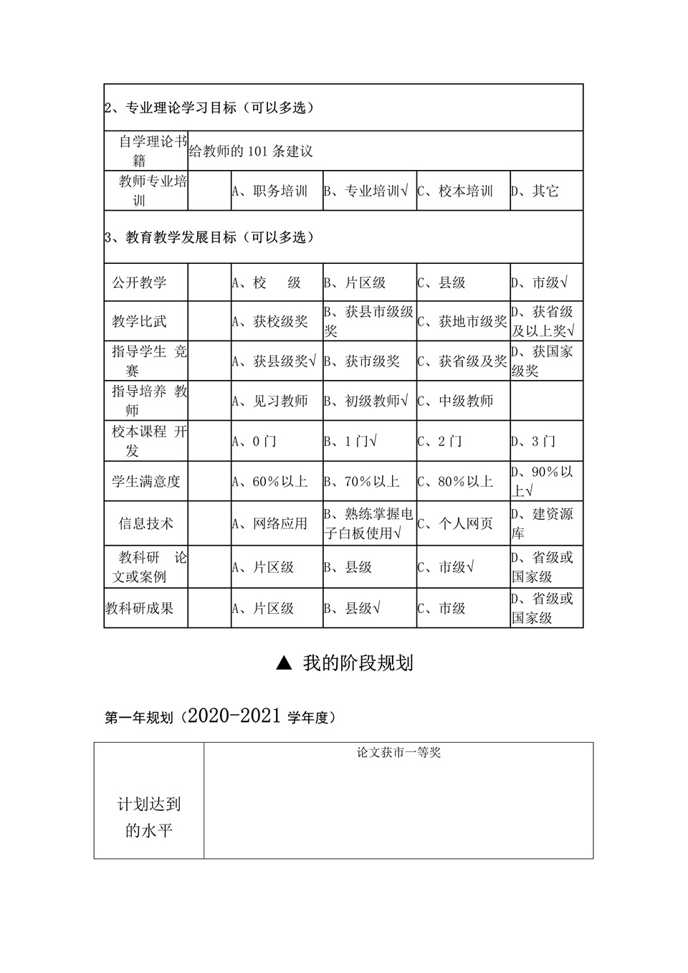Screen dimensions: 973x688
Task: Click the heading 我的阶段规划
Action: pyautogui.click(x=358, y=663)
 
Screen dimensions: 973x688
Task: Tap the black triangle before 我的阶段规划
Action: pyautogui.click(x=284, y=663)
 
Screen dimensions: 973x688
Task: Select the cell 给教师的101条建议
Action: pyautogui.click(x=251, y=151)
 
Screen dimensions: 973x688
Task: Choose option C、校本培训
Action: pyautogui.click(x=456, y=191)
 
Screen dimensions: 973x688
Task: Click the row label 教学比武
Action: pyautogui.click(x=139, y=321)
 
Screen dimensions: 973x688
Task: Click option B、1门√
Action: pyautogui.click(x=351, y=441)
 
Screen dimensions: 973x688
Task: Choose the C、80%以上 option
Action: pyautogui.click(x=456, y=481)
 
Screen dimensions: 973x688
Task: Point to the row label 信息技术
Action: pyautogui.click(x=145, y=523)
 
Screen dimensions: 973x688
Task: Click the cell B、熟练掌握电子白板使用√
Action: pyautogui.click(x=369, y=523)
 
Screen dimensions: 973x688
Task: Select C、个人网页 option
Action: pyautogui.click(x=456, y=523)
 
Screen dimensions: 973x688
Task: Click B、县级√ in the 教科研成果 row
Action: pyautogui.click(x=353, y=608)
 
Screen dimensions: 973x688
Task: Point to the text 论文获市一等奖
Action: pyautogui.click(x=399, y=752)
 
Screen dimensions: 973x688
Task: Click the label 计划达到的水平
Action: pyautogui.click(x=149, y=817)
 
